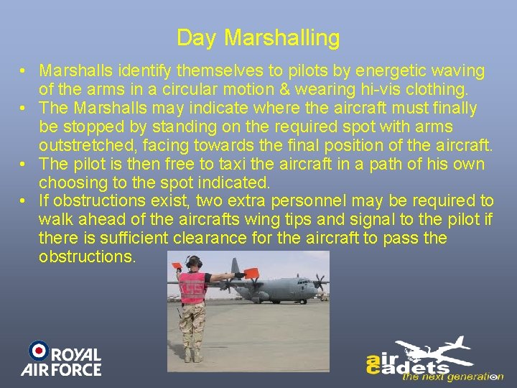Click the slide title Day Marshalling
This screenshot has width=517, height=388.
[258, 37]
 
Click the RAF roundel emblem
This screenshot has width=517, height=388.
[39, 351]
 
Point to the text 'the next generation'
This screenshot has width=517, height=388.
[452, 376]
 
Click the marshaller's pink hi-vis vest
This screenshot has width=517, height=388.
[192, 287]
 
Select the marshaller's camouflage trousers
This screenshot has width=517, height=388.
[192, 323]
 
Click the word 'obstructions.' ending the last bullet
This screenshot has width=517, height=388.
[87, 257]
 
